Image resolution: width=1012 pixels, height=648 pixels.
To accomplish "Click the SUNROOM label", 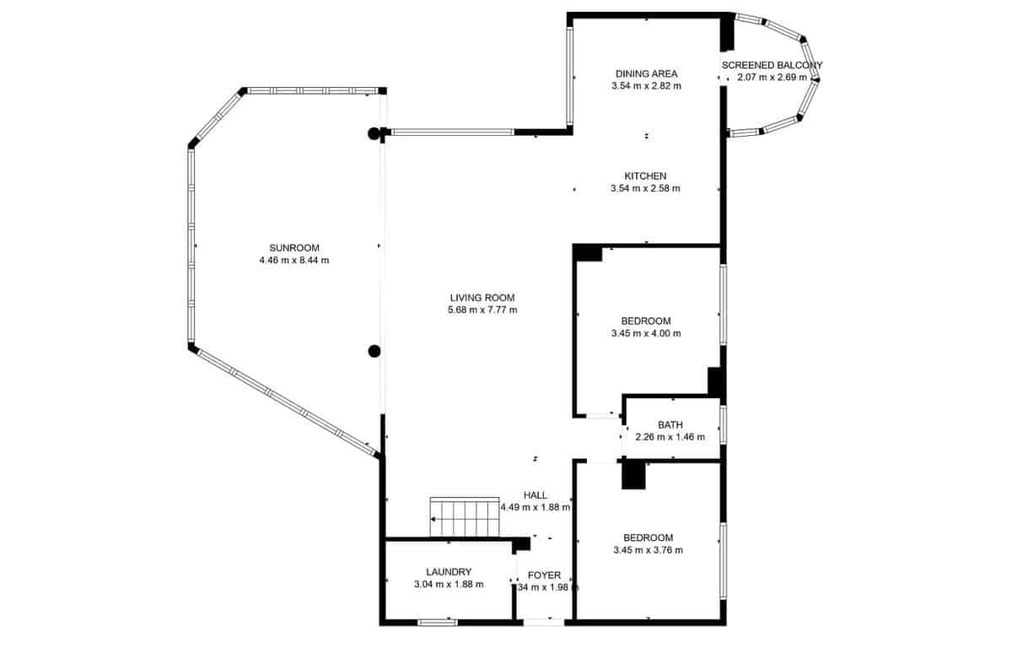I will pyautogui.click(x=294, y=247).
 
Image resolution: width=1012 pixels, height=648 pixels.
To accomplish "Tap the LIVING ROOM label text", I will pyautogui.click(x=482, y=297).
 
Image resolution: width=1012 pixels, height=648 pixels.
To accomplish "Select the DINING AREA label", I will pyautogui.click(x=646, y=73).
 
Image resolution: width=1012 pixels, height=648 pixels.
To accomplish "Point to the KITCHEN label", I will pyautogui.click(x=645, y=175).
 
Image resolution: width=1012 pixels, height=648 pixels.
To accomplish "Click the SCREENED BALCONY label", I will pyautogui.click(x=772, y=65).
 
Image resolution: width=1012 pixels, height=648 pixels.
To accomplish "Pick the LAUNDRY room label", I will pyautogui.click(x=449, y=571).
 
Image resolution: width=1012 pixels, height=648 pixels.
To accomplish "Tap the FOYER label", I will pyautogui.click(x=545, y=575).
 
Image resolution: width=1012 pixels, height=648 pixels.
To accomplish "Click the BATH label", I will pyautogui.click(x=670, y=424).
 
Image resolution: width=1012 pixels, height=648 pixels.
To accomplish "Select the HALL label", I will pyautogui.click(x=536, y=495).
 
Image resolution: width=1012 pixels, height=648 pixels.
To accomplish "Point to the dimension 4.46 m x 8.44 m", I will pyautogui.click(x=294, y=261).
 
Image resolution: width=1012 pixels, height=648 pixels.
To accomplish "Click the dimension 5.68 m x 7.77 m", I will pyautogui.click(x=482, y=310).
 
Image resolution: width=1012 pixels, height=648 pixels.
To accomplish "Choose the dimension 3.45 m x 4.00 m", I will pyautogui.click(x=645, y=333).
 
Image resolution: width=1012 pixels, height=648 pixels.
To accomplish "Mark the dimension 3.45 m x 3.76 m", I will pyautogui.click(x=648, y=550).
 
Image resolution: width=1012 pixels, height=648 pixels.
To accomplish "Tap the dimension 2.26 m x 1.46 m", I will pyautogui.click(x=670, y=437).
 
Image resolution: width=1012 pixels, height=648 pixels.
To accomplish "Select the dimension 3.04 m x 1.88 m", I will pyautogui.click(x=449, y=584).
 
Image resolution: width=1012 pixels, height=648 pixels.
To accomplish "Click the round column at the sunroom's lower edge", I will pyautogui.click(x=374, y=351).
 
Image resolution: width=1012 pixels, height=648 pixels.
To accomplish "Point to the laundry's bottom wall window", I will pyautogui.click(x=438, y=623).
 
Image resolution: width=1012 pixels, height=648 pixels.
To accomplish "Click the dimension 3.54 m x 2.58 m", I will pyautogui.click(x=645, y=188).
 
